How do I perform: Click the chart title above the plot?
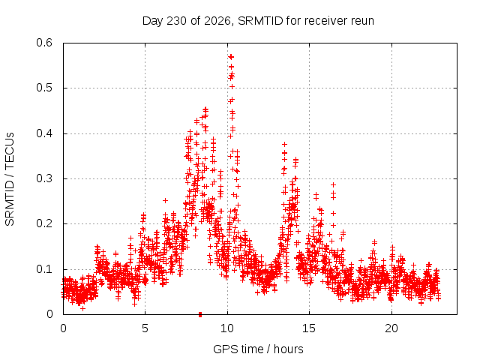pyautogui.click(x=258, y=21)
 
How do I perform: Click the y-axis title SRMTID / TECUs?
pyautogui.click(x=10, y=179)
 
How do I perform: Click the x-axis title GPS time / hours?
pyautogui.click(x=258, y=349)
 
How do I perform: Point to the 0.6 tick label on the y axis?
pyautogui.click(x=44, y=43)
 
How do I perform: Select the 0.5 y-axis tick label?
pyautogui.click(x=44, y=88)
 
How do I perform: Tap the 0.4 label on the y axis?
pyautogui.click(x=44, y=133)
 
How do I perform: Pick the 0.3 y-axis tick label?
pyautogui.click(x=44, y=178)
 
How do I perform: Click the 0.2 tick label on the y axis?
pyautogui.click(x=44, y=223)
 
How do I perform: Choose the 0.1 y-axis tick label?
pyautogui.click(x=44, y=269)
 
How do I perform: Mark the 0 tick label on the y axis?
pyautogui.click(x=49, y=314)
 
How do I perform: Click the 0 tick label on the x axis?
pyautogui.click(x=63, y=328)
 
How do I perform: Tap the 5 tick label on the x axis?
pyautogui.click(x=145, y=328)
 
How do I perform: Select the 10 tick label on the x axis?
pyautogui.click(x=227, y=328)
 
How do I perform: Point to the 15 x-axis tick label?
pyautogui.click(x=309, y=328)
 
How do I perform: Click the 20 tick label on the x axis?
pyautogui.click(x=391, y=328)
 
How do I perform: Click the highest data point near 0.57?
pyautogui.click(x=231, y=57)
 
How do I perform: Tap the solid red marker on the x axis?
pyautogui.click(x=200, y=314)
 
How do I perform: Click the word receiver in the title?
pyautogui.click(x=323, y=21)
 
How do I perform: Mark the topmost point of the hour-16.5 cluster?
pyautogui.click(x=333, y=185)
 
